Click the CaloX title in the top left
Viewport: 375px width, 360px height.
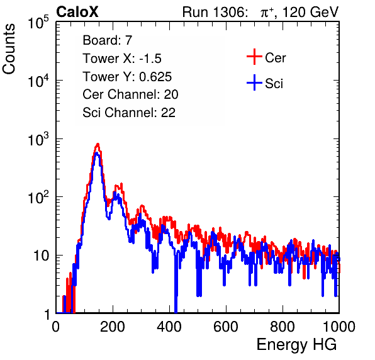[77, 12]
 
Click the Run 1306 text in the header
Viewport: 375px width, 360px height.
[215, 12]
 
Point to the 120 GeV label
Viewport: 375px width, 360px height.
[310, 12]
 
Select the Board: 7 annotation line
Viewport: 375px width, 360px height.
[108, 40]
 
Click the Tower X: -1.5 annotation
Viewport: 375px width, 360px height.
[122, 59]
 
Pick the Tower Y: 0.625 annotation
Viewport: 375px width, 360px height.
[127, 77]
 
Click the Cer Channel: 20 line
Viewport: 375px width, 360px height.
[130, 94]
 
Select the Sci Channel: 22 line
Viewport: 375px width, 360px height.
[129, 112]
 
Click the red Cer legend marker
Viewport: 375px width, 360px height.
[254, 57]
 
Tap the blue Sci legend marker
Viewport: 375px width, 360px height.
[254, 82]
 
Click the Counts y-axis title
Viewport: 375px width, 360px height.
[9, 49]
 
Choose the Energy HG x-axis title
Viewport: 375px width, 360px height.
[296, 344]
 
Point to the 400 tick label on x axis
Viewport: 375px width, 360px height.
[169, 327]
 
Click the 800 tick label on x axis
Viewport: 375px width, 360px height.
[283, 327]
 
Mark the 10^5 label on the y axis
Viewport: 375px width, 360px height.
[38, 22]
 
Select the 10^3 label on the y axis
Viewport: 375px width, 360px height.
[38, 139]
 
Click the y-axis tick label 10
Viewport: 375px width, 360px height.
[41, 256]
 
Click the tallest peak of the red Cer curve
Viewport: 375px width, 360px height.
[98, 143]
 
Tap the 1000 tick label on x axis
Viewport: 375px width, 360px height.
[339, 327]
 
